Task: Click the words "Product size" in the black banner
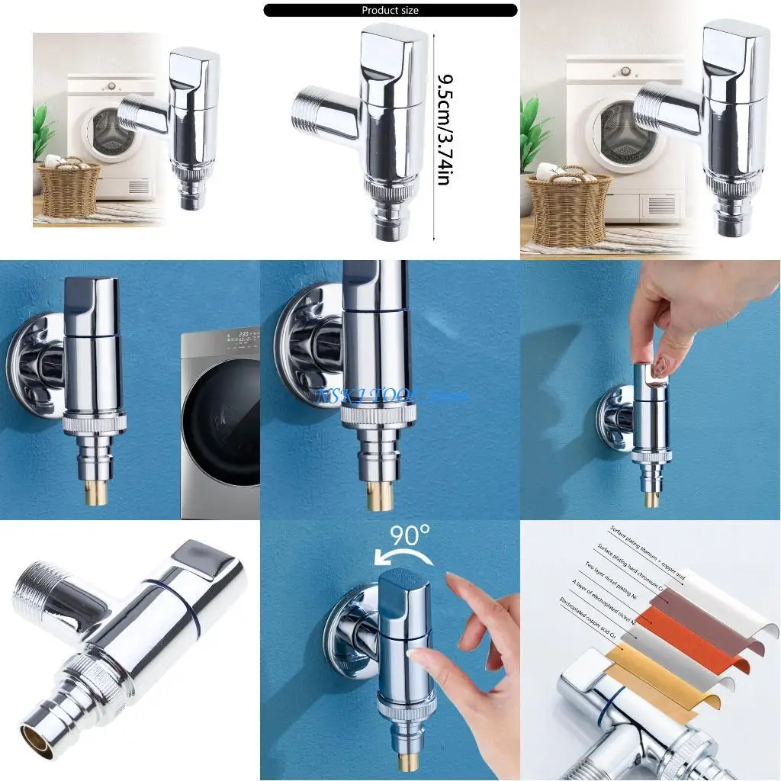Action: (390, 11)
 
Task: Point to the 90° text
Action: (410, 536)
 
